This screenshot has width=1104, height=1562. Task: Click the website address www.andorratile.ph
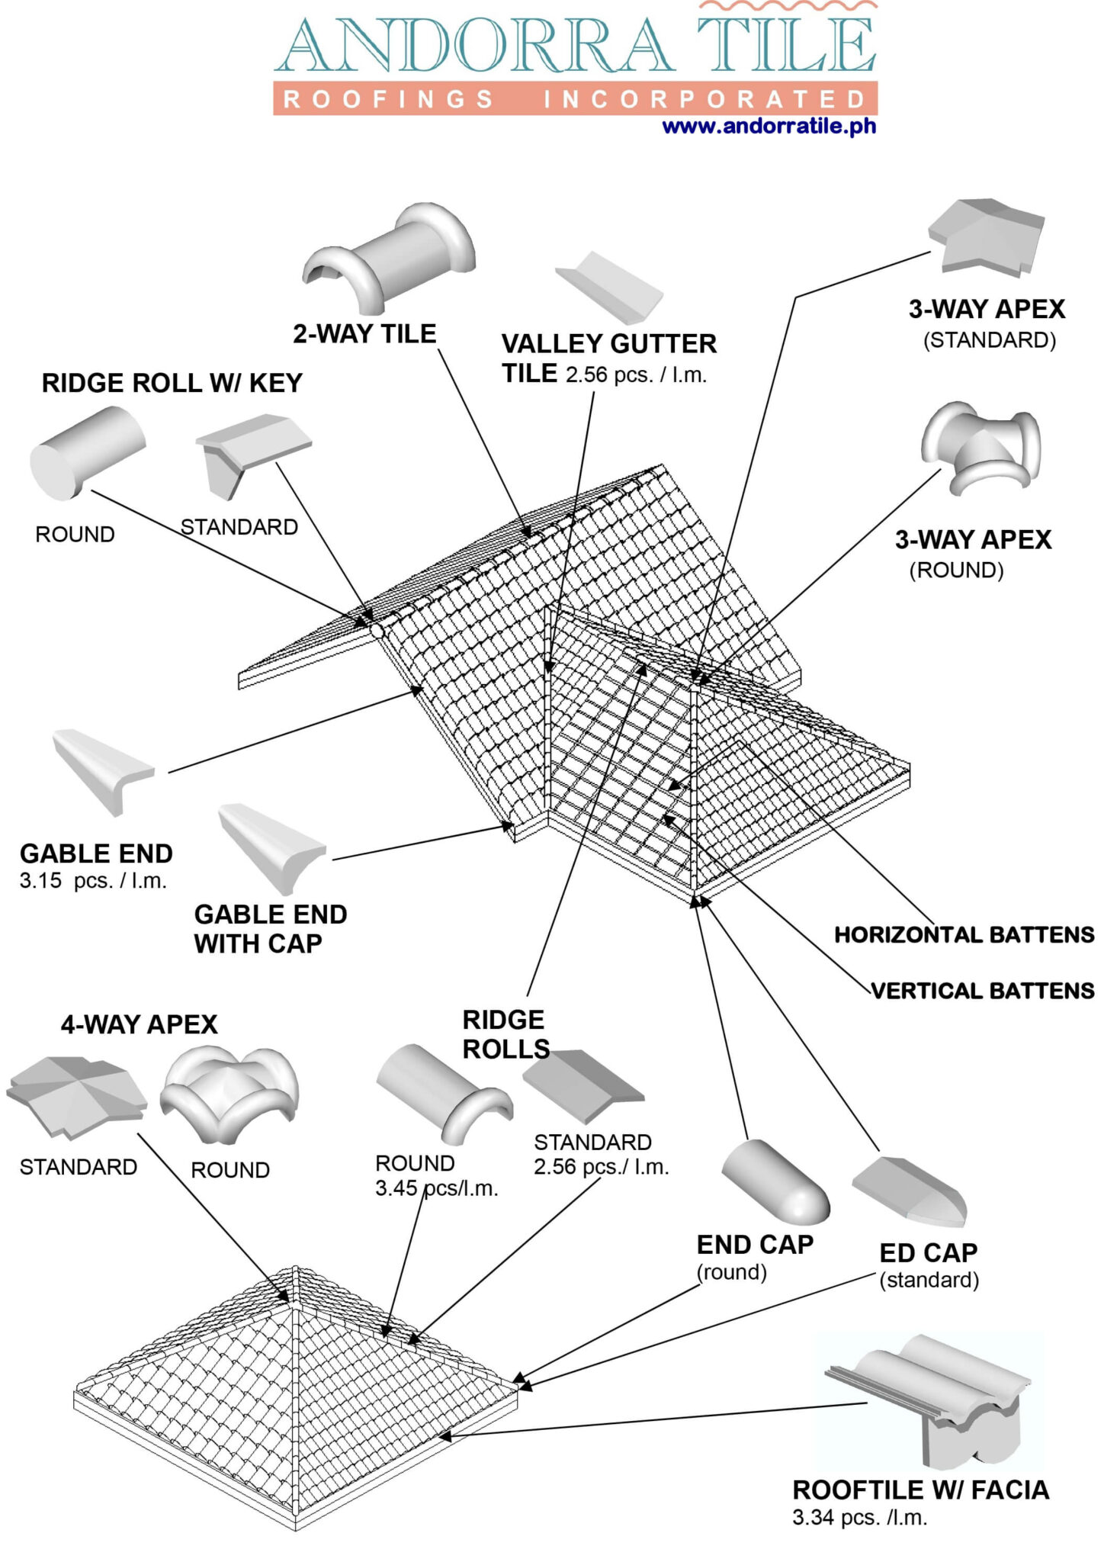[x=769, y=126]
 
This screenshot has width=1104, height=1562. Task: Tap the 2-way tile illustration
[x=389, y=256]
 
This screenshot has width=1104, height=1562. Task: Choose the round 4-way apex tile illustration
[x=229, y=1094]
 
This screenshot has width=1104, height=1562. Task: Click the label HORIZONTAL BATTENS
[x=964, y=935]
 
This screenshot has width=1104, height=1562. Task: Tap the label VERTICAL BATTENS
[x=983, y=991]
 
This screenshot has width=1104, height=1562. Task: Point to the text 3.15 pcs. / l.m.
[x=93, y=881]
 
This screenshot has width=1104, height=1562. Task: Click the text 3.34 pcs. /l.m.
[x=860, y=1518]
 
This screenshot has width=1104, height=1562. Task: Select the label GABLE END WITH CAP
[x=270, y=929]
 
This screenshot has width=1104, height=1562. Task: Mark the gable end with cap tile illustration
[x=271, y=847]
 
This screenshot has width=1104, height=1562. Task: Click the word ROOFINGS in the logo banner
[x=389, y=100]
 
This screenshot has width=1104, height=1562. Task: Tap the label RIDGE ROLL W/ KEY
[x=172, y=383]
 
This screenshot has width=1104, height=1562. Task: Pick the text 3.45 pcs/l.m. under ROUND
[x=436, y=1188]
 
